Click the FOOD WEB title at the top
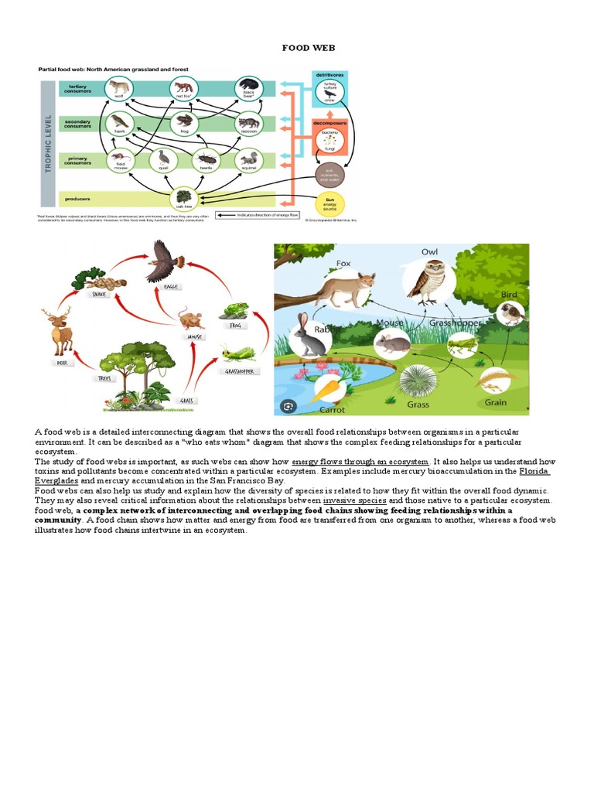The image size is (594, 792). click(309, 48)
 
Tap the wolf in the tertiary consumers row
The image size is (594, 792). click(118, 87)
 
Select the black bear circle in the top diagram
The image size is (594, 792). click(249, 87)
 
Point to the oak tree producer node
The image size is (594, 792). click(184, 197)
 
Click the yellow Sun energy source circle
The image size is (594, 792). click(329, 203)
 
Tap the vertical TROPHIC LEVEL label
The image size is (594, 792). click(48, 142)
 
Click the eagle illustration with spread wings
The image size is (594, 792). click(166, 262)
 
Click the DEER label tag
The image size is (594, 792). click(63, 363)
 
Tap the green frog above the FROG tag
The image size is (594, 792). click(232, 311)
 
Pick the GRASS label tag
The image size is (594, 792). click(186, 401)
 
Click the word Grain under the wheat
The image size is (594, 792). click(496, 402)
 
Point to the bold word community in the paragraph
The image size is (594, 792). click(58, 521)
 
